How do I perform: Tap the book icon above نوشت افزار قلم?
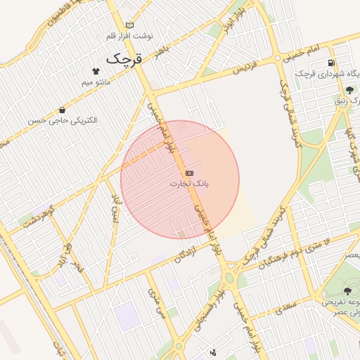(x=128, y=25)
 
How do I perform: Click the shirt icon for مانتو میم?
(x=96, y=71)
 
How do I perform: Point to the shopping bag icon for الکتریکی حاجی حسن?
(x=63, y=110)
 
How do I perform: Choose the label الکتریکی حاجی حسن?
(x=63, y=120)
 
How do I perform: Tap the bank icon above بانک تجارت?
(x=189, y=172)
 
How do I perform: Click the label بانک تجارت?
(x=189, y=184)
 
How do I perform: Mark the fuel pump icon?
(x=330, y=63)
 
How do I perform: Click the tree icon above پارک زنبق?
(x=349, y=89)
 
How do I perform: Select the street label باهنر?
(x=163, y=51)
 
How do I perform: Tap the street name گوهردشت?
(x=38, y=216)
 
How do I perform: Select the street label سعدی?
(x=286, y=308)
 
